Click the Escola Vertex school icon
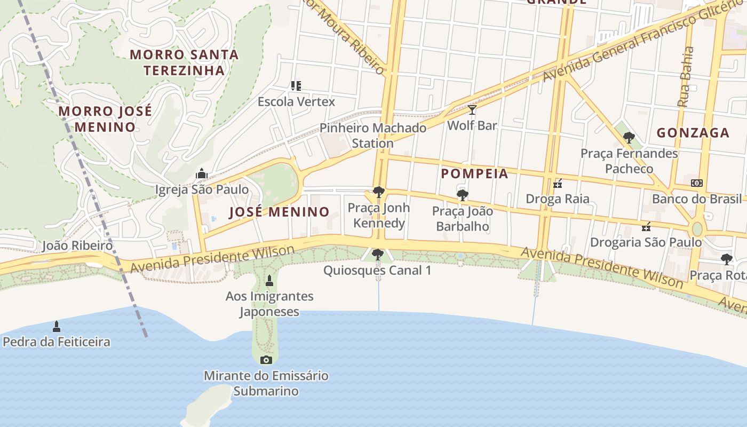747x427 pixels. [296, 85]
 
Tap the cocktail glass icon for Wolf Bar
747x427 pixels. [472, 110]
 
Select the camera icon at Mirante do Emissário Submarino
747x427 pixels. [266, 360]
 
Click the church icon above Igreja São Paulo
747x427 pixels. [201, 173]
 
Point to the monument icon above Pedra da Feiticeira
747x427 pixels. [57, 326]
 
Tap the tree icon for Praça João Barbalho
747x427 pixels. [462, 195]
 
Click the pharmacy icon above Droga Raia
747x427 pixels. [558, 184]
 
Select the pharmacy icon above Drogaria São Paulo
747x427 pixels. [646, 227]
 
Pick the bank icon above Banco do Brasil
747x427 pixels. [696, 183]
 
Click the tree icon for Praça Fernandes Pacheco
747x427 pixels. [629, 138]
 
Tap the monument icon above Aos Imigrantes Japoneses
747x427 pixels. [269, 280]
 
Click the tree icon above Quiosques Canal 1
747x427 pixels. [377, 255]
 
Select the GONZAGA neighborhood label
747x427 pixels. [693, 132]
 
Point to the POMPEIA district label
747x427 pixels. [474, 173]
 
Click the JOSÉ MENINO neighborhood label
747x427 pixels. [279, 212]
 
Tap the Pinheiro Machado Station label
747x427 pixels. [372, 136]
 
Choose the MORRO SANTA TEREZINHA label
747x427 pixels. [184, 62]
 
